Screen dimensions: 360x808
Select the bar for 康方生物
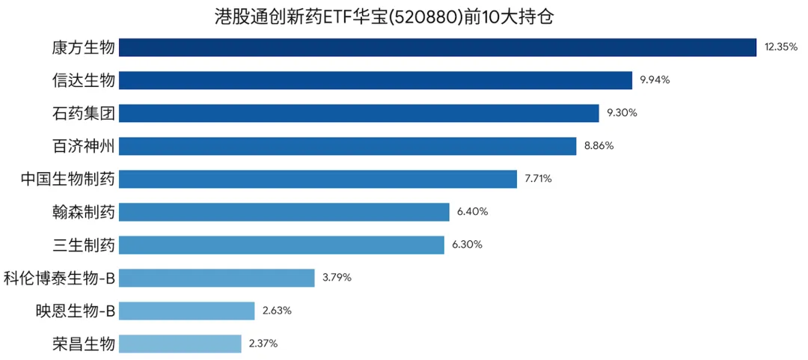click(438, 47)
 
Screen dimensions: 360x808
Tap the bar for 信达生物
click(376, 80)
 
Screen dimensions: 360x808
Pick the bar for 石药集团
click(358, 113)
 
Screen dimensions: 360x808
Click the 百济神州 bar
click(347, 146)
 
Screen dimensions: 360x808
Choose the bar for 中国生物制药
click(317, 179)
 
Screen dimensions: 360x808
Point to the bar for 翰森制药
click(284, 212)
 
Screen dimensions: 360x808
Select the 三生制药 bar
click(281, 245)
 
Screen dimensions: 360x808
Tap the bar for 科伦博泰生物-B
click(216, 278)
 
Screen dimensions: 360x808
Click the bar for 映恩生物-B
click(186, 311)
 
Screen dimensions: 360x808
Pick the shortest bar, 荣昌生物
click(180, 344)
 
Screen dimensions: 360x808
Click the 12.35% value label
click(781, 47)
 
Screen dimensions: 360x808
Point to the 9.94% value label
click(654, 80)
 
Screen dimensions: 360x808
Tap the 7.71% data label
click(539, 179)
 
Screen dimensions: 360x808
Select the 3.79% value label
click(337, 278)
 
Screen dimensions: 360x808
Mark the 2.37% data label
click(263, 344)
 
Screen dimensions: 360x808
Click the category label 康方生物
click(83, 47)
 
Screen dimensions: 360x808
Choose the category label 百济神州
click(83, 146)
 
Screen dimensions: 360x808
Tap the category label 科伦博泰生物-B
click(59, 278)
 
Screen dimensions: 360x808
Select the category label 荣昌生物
click(83, 344)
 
